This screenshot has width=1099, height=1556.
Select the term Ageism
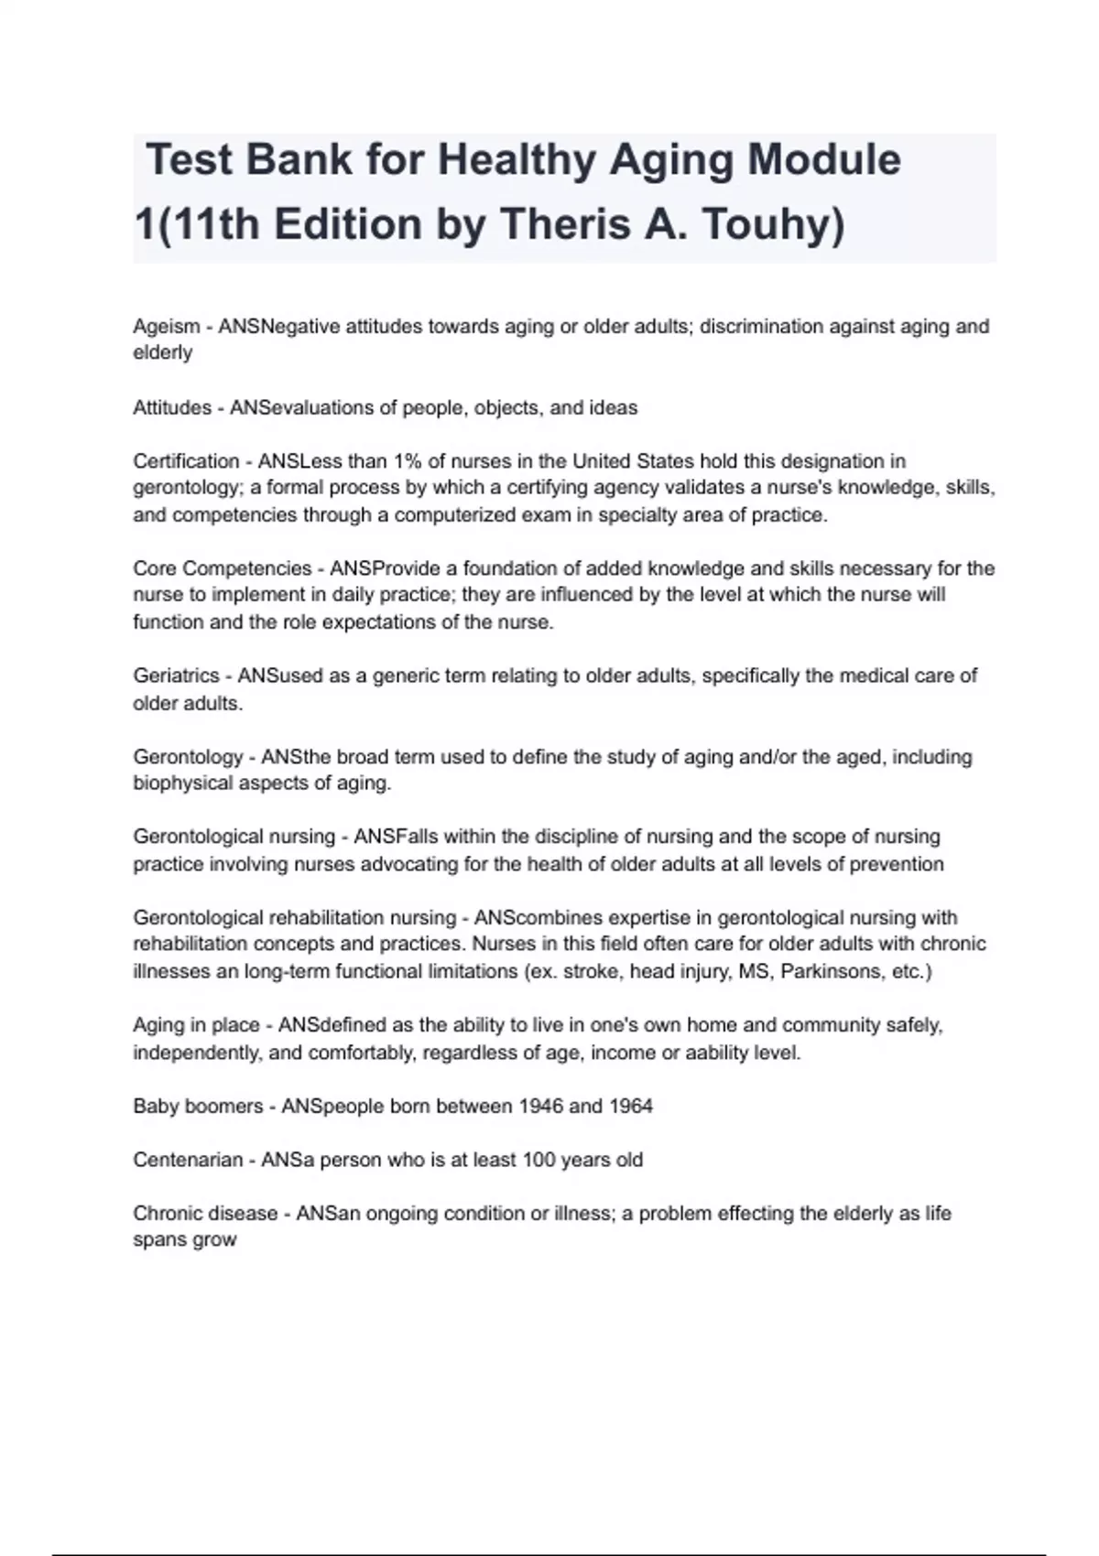pyautogui.click(x=166, y=327)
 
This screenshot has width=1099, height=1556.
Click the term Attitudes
pyautogui.click(x=172, y=408)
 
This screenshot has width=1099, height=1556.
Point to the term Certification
pyautogui.click(x=186, y=461)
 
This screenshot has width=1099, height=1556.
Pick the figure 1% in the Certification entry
pyautogui.click(x=408, y=461)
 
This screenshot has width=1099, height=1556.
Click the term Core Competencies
pyautogui.click(x=223, y=568)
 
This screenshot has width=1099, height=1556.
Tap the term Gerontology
pyautogui.click(x=188, y=757)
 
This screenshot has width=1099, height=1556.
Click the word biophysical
pyautogui.click(x=183, y=783)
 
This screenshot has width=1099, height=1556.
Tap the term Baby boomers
pyautogui.click(x=198, y=1106)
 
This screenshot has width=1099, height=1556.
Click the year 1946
pyautogui.click(x=540, y=1106)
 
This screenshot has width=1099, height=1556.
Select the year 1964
pyautogui.click(x=631, y=1106)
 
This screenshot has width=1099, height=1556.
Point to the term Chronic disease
pyautogui.click(x=205, y=1214)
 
